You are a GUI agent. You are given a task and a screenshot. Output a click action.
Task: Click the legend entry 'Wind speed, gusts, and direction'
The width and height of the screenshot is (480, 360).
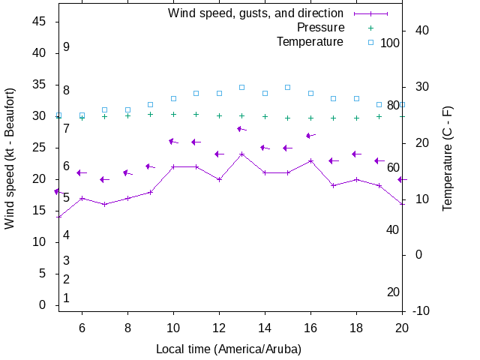coord(255,13)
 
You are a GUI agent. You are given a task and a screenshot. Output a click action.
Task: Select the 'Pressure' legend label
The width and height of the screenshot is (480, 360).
coord(320,28)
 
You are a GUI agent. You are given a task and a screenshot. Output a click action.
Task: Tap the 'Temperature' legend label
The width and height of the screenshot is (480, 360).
coord(310,42)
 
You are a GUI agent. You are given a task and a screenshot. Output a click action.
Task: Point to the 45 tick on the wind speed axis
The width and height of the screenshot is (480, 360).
coord(41,22)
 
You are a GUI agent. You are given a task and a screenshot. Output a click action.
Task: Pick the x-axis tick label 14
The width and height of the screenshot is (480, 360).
coord(265,327)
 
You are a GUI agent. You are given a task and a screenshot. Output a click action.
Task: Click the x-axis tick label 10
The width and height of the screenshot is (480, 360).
coord(173,327)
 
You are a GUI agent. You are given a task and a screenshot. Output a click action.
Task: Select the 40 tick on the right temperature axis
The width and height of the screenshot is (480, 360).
coord(421,31)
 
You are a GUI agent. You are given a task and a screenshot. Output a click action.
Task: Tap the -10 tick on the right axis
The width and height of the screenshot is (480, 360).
coord(421,310)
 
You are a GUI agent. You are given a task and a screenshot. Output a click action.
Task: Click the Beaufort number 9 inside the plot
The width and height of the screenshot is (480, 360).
coord(67,46)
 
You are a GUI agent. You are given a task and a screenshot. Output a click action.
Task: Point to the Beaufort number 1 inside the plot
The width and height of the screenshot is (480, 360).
coord(67,298)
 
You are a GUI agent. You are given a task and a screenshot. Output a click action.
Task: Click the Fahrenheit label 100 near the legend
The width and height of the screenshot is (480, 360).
coord(390,43)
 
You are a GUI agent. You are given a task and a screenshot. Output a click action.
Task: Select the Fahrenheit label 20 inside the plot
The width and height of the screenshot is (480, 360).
coord(393,292)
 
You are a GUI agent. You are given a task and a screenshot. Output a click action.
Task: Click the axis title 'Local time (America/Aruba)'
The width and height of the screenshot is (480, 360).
coord(228,349)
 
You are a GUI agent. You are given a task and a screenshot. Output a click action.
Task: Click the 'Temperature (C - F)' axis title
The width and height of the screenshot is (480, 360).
coord(448,158)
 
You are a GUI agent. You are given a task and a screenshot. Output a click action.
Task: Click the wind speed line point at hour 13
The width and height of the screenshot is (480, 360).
coord(241,154)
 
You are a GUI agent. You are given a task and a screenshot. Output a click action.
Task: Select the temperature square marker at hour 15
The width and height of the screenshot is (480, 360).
coord(287,88)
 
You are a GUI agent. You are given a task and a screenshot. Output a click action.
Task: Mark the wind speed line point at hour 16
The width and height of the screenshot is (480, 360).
coord(310,160)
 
